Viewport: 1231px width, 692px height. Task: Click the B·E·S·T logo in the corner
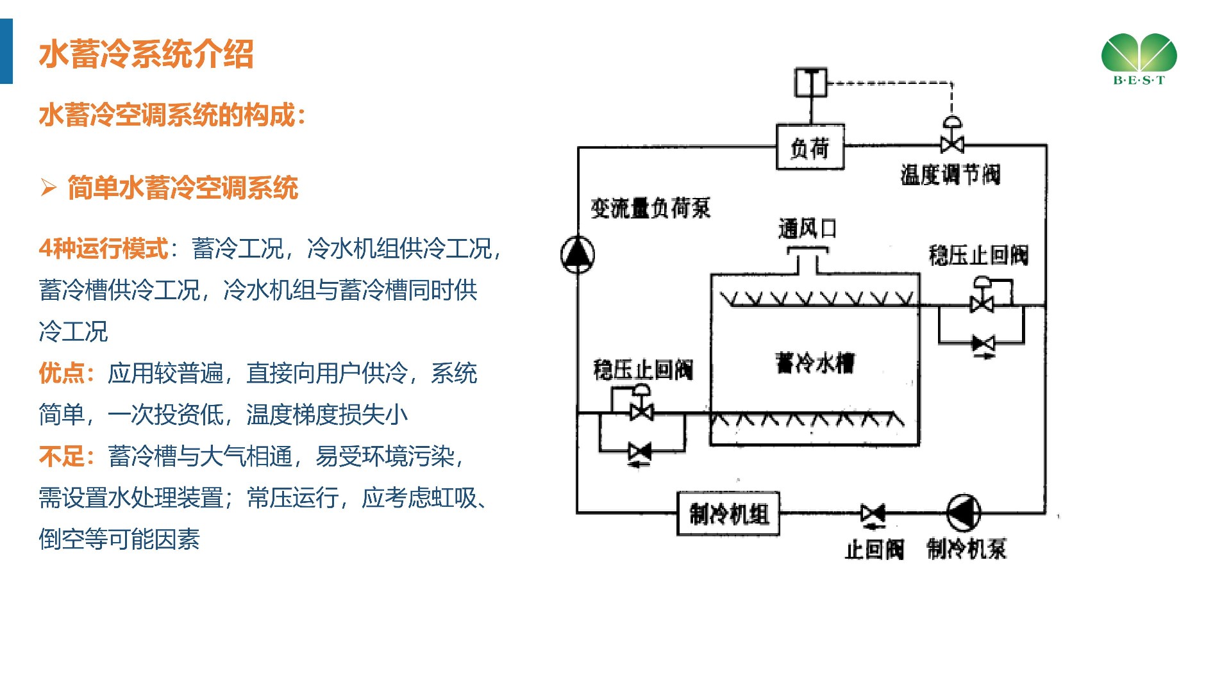coord(1139,58)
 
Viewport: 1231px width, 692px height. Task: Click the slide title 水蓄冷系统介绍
coord(146,54)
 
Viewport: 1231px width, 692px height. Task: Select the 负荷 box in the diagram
coord(810,147)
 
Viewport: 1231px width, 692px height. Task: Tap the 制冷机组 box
coord(728,513)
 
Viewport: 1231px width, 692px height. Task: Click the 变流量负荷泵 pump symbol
coord(578,254)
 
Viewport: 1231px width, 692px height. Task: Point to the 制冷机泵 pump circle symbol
coord(964,513)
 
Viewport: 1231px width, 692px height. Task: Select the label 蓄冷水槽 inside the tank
coord(814,363)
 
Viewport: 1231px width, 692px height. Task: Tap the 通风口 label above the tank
coord(807,228)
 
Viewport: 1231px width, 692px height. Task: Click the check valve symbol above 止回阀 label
coord(873,513)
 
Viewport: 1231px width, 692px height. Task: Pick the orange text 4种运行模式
coord(103,249)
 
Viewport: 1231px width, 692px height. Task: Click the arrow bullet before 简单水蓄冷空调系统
coord(48,188)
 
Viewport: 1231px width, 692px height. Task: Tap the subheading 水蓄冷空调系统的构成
coord(172,115)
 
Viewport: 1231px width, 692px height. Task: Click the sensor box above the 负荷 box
coord(810,82)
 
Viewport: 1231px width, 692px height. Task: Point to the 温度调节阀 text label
coord(950,174)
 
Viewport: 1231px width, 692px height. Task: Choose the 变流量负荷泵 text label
coord(650,208)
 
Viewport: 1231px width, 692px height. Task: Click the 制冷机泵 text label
coord(966,549)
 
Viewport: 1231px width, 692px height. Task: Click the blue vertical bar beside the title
coord(6,51)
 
